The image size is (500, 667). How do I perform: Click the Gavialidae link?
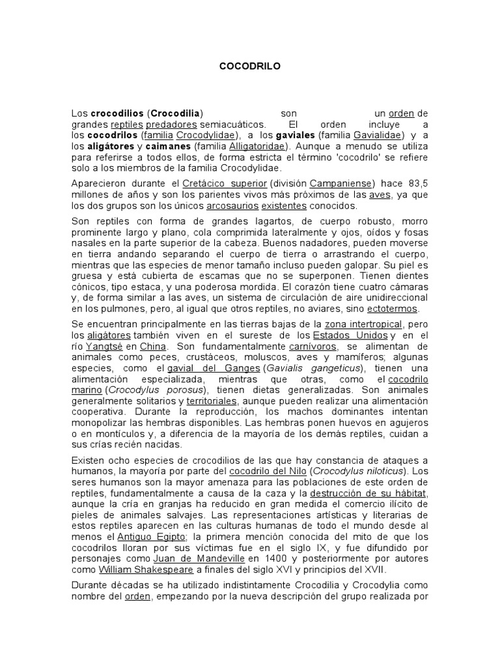tap(378, 135)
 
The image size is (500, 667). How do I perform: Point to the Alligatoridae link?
tap(257, 147)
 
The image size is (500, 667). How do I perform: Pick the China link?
tap(154, 346)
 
